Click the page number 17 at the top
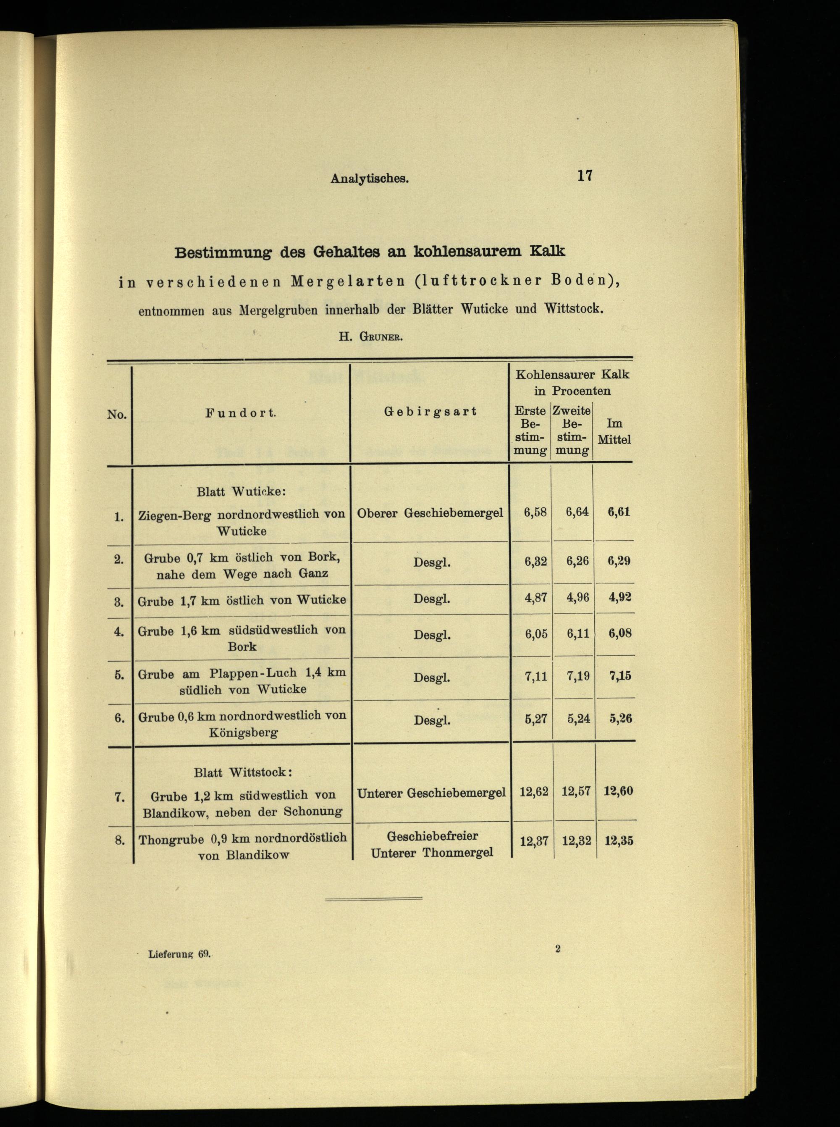(584, 176)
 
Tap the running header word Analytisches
(370, 179)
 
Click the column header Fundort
(241, 413)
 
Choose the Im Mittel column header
(614, 431)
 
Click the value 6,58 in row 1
(535, 512)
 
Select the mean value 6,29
(619, 561)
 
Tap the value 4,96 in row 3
(577, 597)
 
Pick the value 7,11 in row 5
(535, 675)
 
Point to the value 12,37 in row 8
(534, 841)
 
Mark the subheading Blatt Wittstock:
(242, 772)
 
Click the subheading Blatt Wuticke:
(241, 492)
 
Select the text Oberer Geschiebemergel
(430, 513)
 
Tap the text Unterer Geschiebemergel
(430, 793)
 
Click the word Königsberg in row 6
(243, 733)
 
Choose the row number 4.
(119, 632)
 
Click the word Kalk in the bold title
(546, 251)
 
